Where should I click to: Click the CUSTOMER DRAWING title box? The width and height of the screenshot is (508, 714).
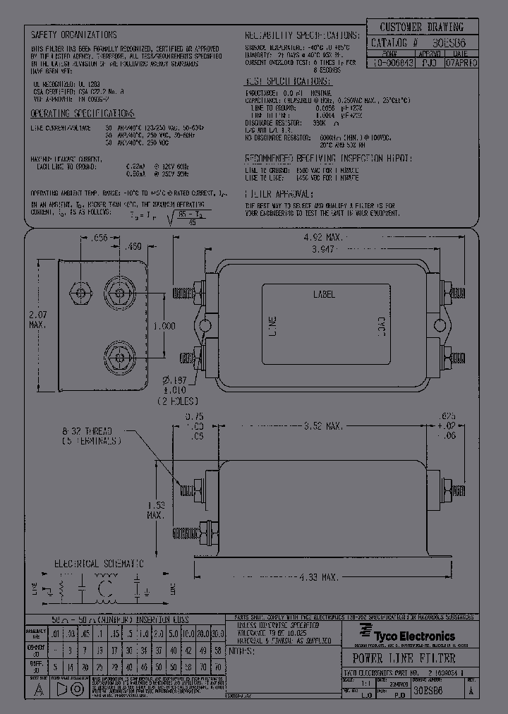pyautogui.click(x=422, y=28)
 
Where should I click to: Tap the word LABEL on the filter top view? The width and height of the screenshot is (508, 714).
pyautogui.click(x=324, y=294)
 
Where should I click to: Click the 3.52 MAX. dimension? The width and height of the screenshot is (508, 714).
pyautogui.click(x=322, y=426)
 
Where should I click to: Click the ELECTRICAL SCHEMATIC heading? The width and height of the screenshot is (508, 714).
pyautogui.click(x=99, y=564)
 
